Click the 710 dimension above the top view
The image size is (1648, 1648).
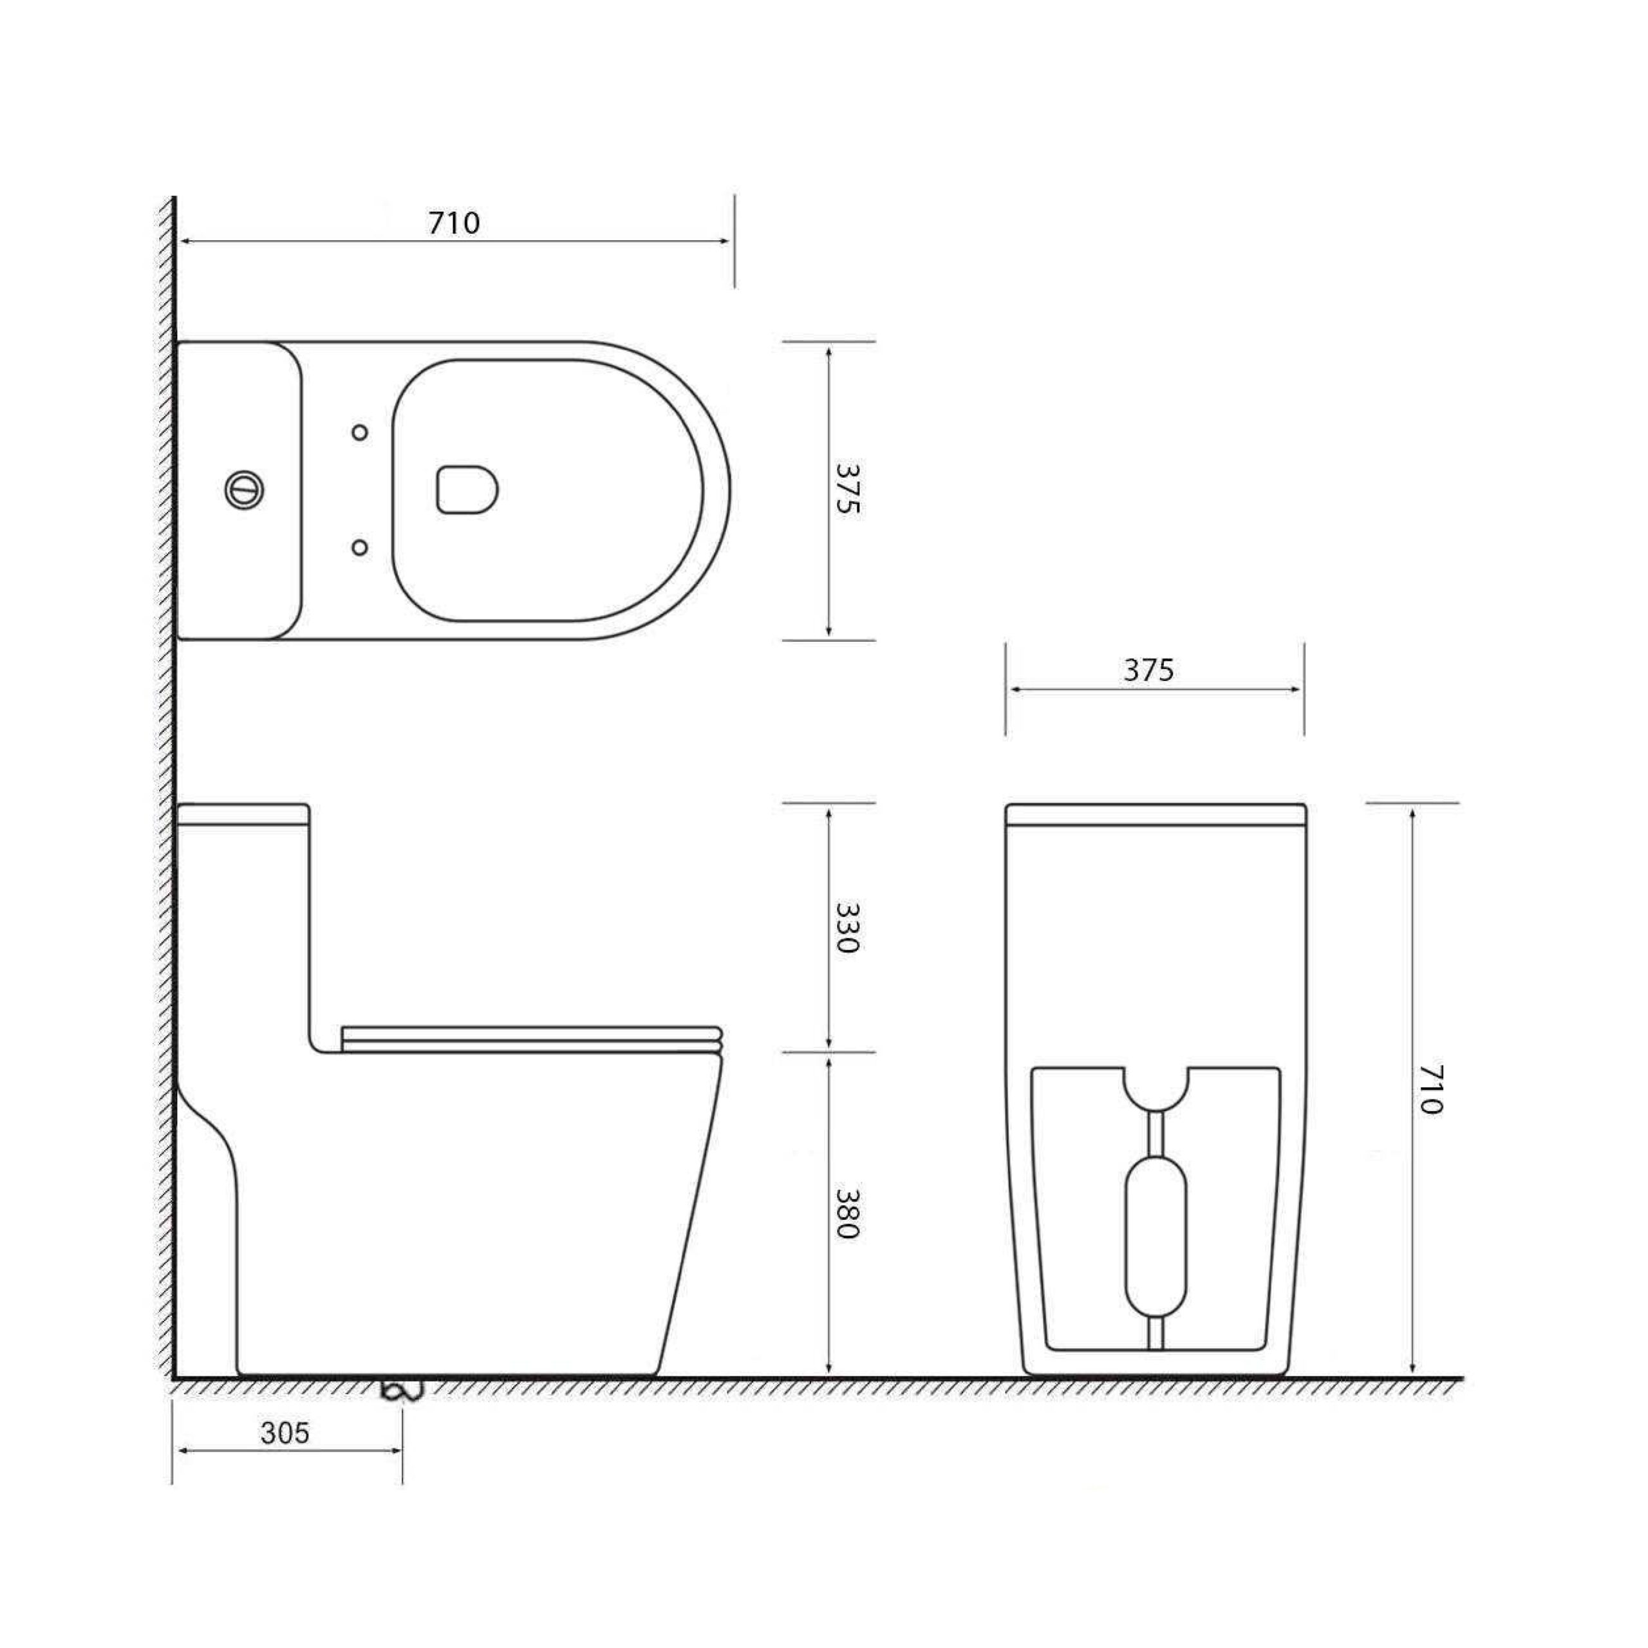[x=454, y=223]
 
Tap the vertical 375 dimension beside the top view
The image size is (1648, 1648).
[x=848, y=489]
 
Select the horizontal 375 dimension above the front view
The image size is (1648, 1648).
[x=1148, y=670]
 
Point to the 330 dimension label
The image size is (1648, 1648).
[x=848, y=927]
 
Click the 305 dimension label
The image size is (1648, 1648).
[x=285, y=1433]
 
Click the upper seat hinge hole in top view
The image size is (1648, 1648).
[x=360, y=433]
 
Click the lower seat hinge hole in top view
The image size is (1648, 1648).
[x=360, y=547]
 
